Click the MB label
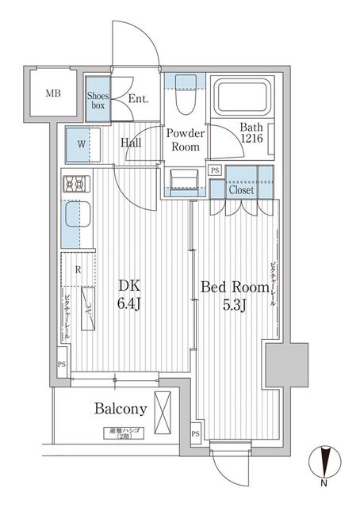[52, 94]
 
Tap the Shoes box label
[98, 101]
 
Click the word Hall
[132, 143]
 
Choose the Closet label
[242, 190]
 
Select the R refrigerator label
[77, 269]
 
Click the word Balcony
[121, 409]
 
